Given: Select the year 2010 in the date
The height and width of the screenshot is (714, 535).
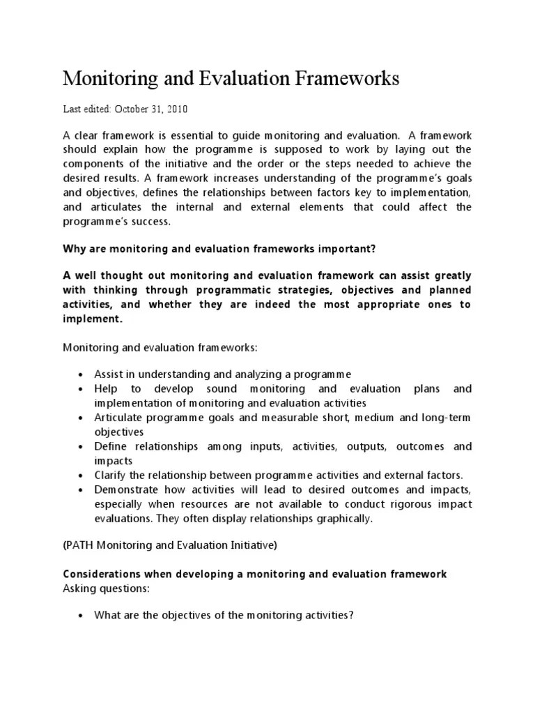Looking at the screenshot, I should tap(176, 109).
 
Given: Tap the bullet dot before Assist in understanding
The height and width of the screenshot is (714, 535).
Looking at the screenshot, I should tap(82, 374).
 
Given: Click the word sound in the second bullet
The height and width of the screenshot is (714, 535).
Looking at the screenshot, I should tap(222, 388).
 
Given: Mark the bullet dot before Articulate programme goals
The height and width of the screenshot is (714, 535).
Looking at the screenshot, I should tap(82, 418).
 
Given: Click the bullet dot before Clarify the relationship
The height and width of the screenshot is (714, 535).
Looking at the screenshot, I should tap(82, 476).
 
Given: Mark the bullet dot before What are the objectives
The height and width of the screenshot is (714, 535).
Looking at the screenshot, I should tap(82, 615).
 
